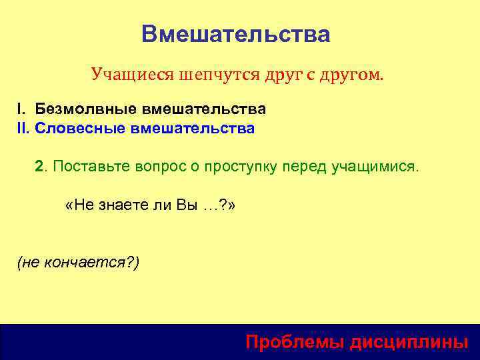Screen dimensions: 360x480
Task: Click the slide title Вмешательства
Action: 236,34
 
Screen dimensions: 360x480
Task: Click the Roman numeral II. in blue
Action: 24,128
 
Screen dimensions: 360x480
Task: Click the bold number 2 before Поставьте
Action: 39,166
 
